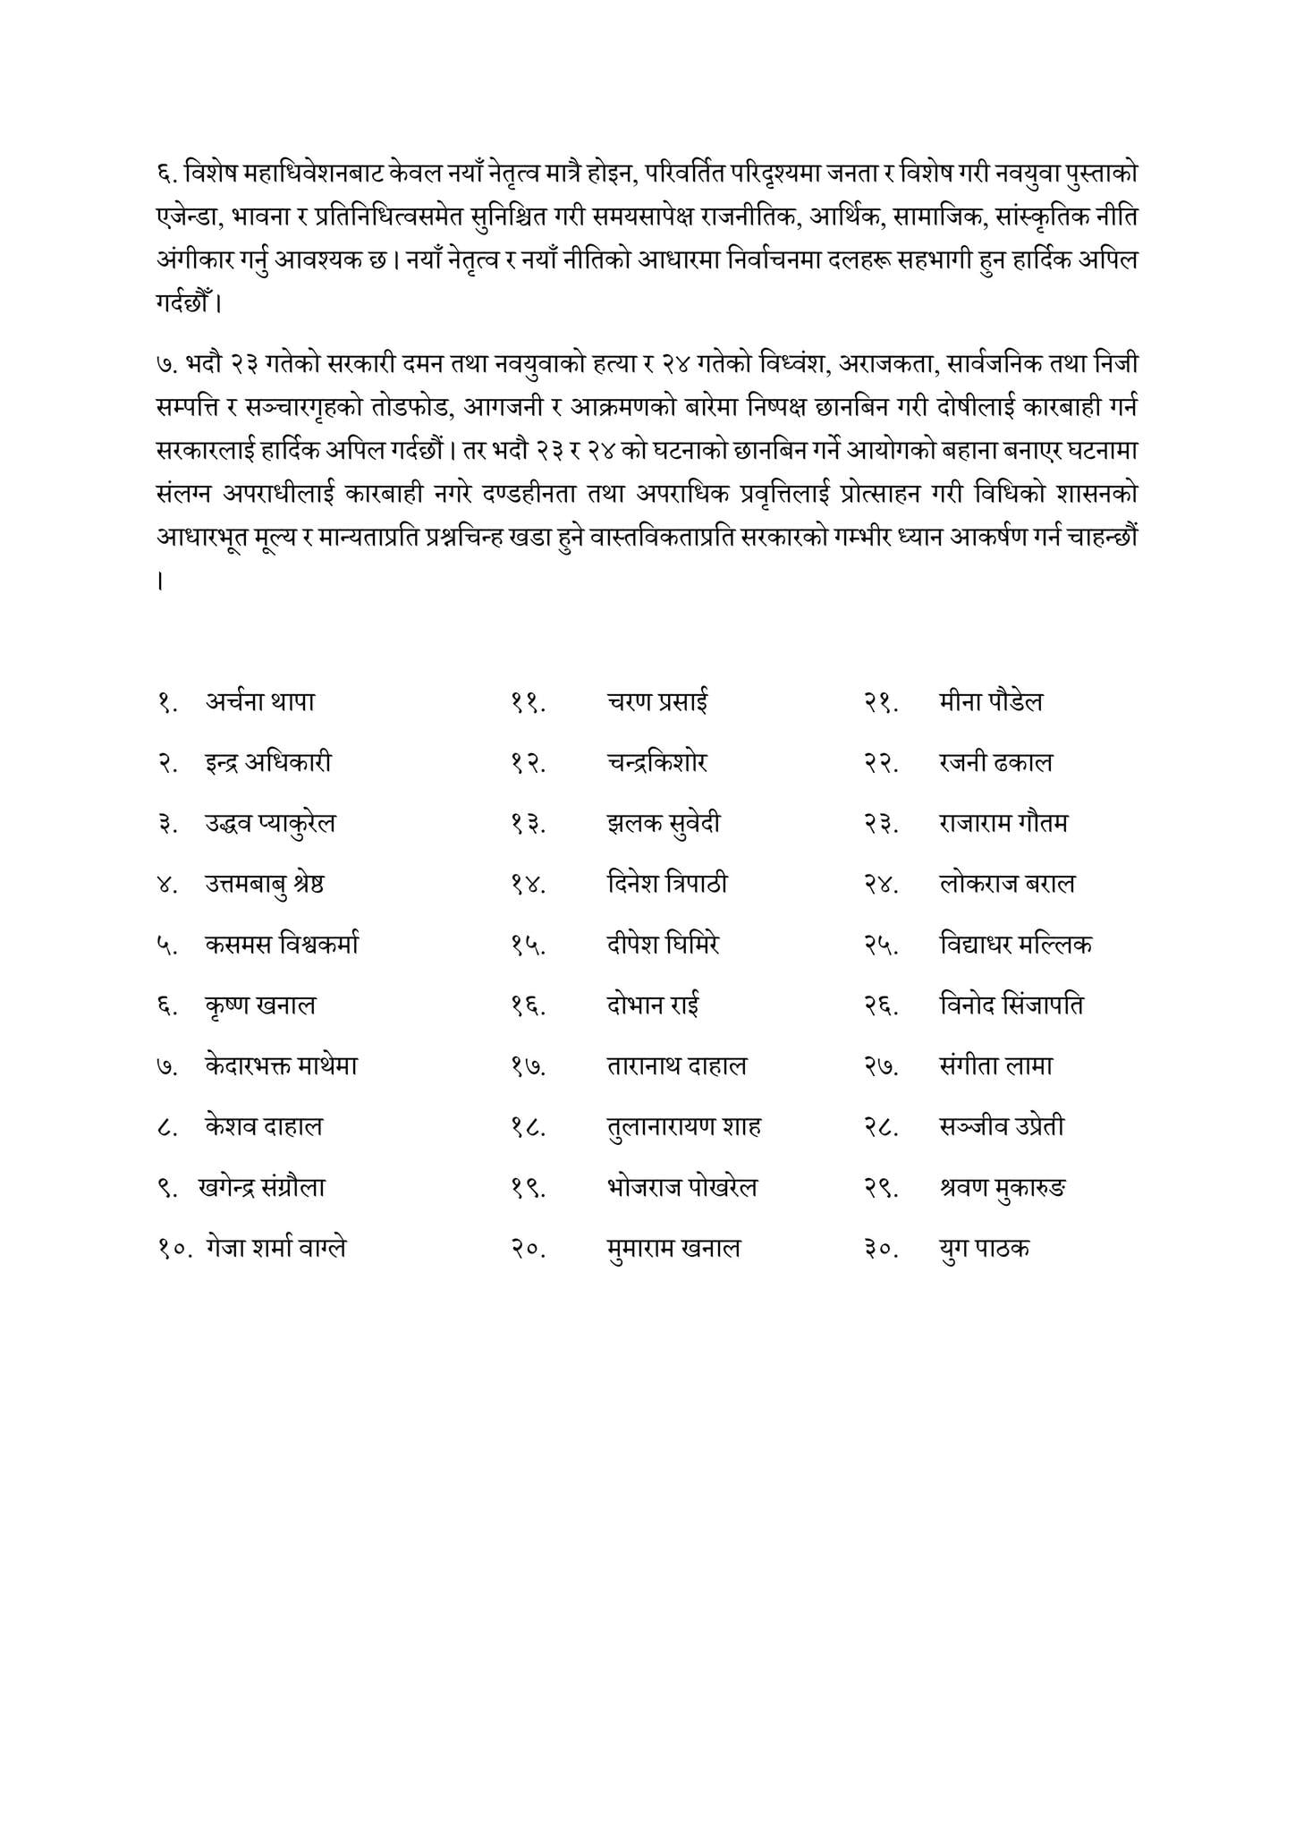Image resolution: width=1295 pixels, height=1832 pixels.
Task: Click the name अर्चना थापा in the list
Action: [x=259, y=702]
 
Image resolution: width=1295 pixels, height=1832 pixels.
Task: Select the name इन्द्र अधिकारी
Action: [x=268, y=763]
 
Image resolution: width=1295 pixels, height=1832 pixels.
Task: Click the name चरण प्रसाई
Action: [x=656, y=702]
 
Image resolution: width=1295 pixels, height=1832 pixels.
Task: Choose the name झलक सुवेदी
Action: [x=663, y=824]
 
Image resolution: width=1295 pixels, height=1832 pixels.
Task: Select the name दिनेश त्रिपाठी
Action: [x=666, y=885]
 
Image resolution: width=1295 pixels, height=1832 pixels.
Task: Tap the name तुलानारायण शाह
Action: [x=683, y=1127]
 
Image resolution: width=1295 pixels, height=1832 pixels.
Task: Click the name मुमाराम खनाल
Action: [x=673, y=1248]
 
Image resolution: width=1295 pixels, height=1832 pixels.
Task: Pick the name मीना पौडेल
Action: [x=991, y=702]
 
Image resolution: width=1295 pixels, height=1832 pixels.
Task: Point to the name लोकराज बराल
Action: [x=1007, y=885]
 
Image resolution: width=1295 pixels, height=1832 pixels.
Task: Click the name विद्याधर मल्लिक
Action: [x=1015, y=945]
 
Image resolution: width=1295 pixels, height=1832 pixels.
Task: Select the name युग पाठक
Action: [x=984, y=1248]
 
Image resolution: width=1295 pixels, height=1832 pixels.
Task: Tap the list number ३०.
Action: [x=881, y=1249]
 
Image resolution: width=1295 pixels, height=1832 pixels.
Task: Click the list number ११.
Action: [x=529, y=703]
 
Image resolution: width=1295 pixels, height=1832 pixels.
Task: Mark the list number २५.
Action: [x=881, y=946]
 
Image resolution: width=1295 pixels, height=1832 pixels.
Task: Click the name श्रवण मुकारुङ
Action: [x=1003, y=1188]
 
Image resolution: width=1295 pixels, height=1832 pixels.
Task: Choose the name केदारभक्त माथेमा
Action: [x=281, y=1066]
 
